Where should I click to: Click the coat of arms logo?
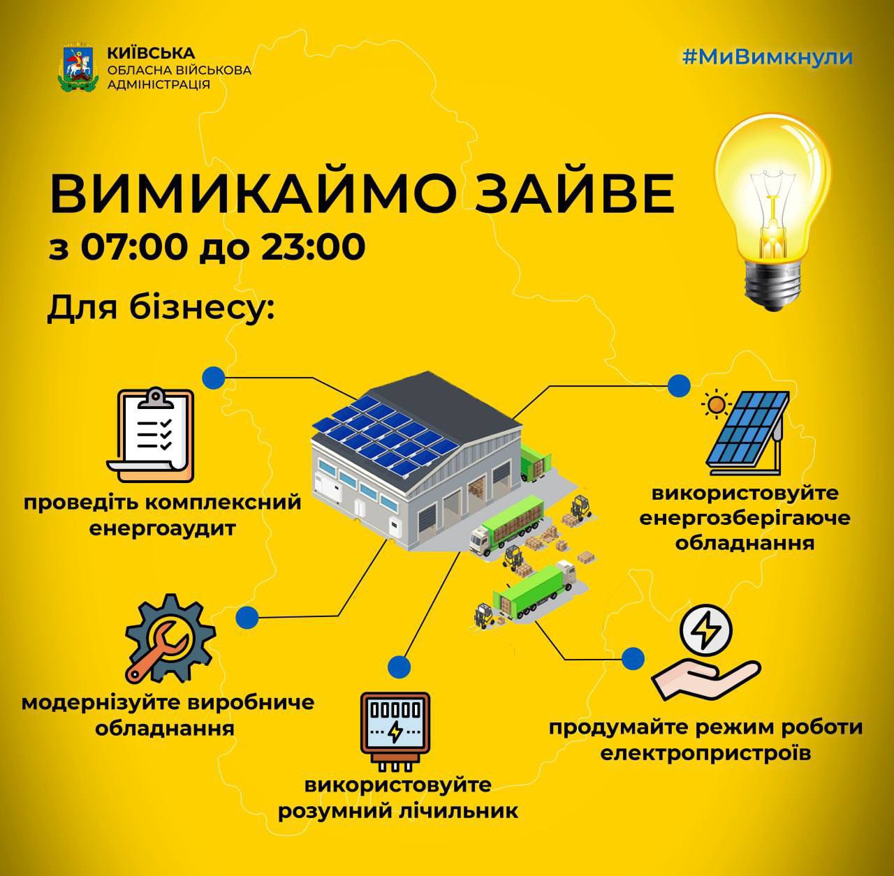tap(78, 68)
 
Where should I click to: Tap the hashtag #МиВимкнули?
tap(768, 57)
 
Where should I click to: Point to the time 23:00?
tap(313, 247)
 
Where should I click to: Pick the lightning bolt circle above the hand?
tap(705, 631)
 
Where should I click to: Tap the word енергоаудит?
tap(162, 528)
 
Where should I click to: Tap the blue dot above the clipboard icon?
tap(214, 378)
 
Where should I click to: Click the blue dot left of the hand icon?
tap(633, 658)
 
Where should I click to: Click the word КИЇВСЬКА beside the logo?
tap(152, 53)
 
